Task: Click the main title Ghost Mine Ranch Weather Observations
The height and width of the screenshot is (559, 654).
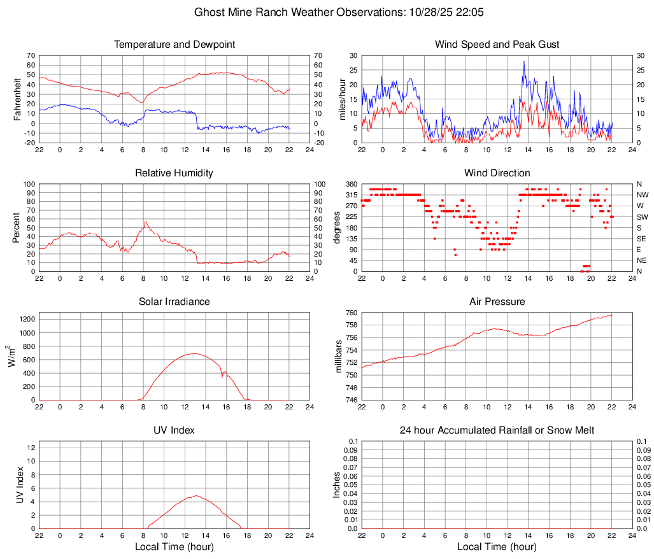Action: pos(327,12)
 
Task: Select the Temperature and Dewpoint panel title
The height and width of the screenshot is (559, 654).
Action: pos(174,45)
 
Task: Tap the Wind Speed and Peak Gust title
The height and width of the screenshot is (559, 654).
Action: pos(497,45)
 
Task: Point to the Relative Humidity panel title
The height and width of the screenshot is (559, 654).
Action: pos(174,173)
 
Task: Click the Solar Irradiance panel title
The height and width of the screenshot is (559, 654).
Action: pos(174,301)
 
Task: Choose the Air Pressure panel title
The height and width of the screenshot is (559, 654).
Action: pos(497,301)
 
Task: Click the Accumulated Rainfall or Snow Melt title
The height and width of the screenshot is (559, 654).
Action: pos(497,430)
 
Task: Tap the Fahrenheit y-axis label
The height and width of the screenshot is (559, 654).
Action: pos(17,99)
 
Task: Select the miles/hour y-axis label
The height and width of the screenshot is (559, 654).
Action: pos(342,99)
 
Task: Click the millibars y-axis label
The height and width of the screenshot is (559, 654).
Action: pos(339,357)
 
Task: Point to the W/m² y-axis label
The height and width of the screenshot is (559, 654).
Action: pos(12,357)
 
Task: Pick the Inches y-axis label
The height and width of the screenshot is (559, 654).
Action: pos(338,485)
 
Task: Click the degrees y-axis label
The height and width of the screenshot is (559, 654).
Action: pos(338,227)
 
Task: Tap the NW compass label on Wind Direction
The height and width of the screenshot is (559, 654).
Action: pos(642,195)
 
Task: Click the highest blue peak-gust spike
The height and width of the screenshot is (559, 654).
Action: pos(524,62)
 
